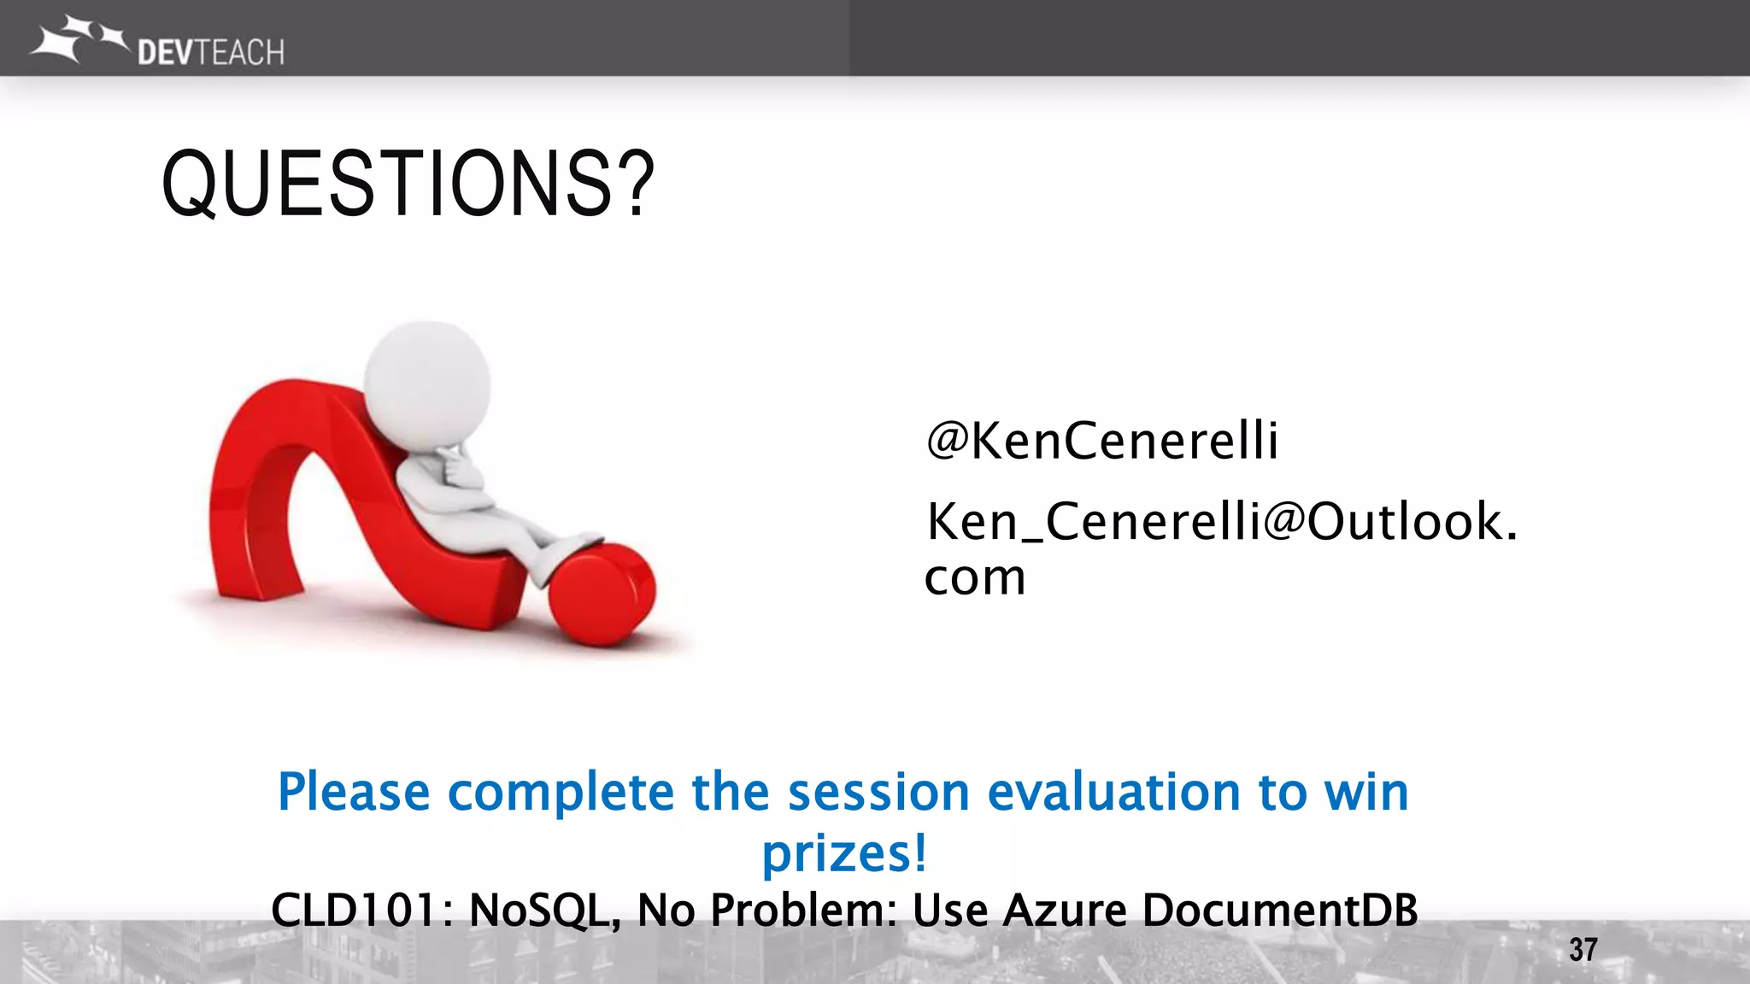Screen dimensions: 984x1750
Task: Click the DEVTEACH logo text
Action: click(210, 53)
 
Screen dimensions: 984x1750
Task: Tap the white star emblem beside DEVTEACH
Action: click(75, 38)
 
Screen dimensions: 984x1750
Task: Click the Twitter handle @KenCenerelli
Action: click(1102, 441)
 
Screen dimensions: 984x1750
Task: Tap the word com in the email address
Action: click(974, 578)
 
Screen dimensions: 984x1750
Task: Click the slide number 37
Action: click(1583, 949)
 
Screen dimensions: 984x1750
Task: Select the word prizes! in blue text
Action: click(843, 853)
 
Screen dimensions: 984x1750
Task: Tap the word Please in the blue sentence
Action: click(353, 792)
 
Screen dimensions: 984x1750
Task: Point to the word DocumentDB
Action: click(1279, 910)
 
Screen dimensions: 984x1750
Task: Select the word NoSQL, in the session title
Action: click(545, 910)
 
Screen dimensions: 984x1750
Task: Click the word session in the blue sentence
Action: click(878, 792)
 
